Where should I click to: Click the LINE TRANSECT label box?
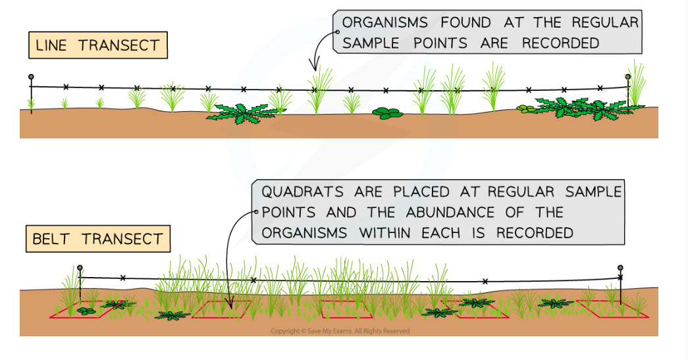coord(98,46)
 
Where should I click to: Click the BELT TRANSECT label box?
coord(98,239)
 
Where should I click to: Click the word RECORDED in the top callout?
coord(561,43)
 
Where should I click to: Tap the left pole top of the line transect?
coord(30,77)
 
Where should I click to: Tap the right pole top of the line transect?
coord(628,77)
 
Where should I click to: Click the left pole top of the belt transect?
coord(80,268)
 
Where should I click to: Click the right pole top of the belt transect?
coord(620,268)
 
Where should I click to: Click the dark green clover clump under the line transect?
coord(387,113)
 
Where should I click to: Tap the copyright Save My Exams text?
coord(340,331)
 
